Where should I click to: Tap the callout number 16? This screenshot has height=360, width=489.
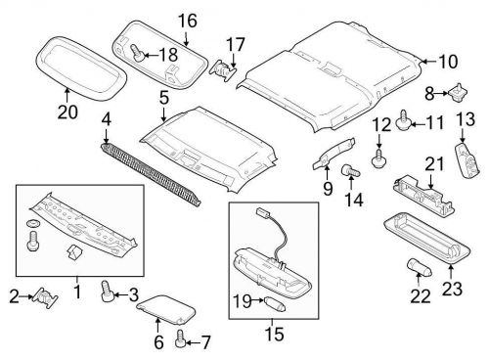(187, 20)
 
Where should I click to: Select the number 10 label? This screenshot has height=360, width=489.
(447, 61)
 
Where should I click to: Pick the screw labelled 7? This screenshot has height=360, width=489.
(180, 339)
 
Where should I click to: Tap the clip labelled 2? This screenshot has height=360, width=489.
(42, 295)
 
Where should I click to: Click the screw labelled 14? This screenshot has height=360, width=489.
(345, 172)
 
